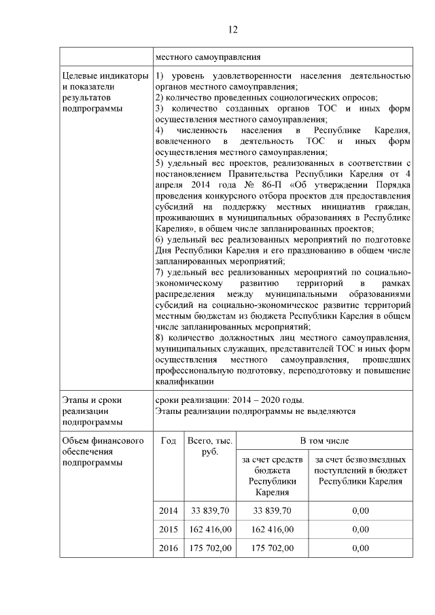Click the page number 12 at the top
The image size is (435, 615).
point(232,29)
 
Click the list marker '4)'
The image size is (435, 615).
point(159,130)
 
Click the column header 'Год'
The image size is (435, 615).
point(169,441)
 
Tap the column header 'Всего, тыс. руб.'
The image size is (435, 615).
point(209,446)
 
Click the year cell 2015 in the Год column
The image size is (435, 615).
point(169,529)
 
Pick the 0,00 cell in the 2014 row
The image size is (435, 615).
point(360,510)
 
